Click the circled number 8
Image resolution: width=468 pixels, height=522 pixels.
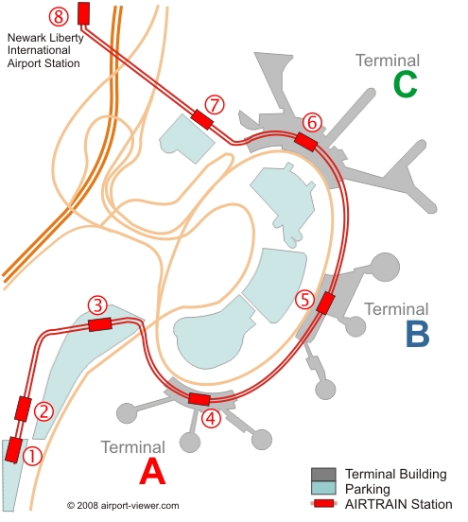(x=59, y=17)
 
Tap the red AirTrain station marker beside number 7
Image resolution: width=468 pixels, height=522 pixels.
(x=201, y=119)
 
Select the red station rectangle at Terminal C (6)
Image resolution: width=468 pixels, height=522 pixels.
(x=306, y=142)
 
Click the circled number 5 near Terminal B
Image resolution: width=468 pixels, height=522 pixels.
(x=304, y=299)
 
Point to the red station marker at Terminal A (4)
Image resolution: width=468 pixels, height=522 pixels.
(x=199, y=398)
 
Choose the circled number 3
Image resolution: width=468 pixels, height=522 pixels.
(x=97, y=305)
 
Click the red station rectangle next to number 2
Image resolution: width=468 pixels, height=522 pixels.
(x=23, y=409)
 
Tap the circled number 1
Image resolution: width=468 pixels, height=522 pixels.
(x=32, y=456)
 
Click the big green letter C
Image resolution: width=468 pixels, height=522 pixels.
(x=405, y=84)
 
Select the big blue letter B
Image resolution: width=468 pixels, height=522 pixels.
(x=418, y=334)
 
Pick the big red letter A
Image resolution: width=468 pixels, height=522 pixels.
(x=152, y=471)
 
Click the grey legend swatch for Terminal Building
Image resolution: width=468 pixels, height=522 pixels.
(x=323, y=475)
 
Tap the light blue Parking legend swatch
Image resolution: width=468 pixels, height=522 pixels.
(x=323, y=487)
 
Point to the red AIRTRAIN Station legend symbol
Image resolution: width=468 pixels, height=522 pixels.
(x=323, y=503)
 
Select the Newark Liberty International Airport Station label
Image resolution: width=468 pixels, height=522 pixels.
(x=45, y=50)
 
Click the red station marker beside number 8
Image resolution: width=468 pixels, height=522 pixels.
(x=83, y=13)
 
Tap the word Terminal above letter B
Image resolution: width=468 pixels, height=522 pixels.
(x=396, y=309)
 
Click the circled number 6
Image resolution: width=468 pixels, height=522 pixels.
(x=312, y=123)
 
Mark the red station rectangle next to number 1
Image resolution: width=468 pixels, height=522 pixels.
(x=13, y=450)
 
